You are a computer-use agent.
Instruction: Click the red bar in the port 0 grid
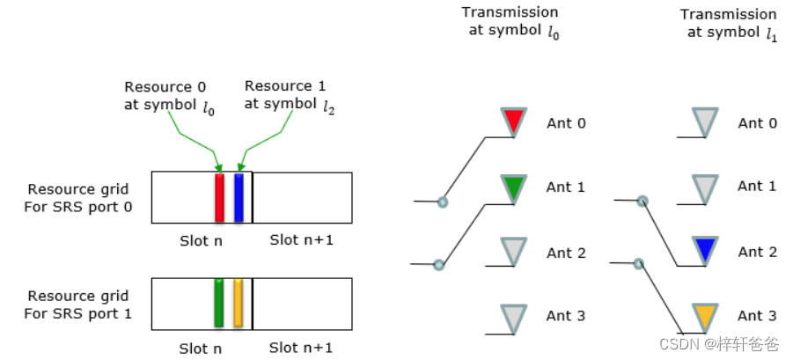(x=220, y=197)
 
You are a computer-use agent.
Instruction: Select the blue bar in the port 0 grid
(x=239, y=197)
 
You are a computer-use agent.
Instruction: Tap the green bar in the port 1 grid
(x=219, y=304)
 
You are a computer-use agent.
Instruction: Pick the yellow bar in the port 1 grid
(x=238, y=304)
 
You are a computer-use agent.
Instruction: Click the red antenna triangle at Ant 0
(x=513, y=121)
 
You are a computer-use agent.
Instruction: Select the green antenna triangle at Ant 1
(x=513, y=187)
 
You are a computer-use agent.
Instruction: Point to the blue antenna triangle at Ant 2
(x=705, y=250)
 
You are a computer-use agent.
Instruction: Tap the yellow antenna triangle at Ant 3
(x=705, y=315)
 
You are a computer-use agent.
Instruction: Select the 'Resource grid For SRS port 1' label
(x=77, y=304)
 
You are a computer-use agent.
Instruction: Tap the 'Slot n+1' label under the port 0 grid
(x=301, y=240)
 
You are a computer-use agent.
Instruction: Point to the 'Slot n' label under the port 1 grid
(x=201, y=349)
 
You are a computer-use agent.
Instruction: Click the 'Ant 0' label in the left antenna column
(x=566, y=122)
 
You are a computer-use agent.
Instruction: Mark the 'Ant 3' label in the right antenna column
(x=757, y=315)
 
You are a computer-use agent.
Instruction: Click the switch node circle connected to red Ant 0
(x=443, y=202)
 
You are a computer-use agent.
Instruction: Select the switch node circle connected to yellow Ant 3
(x=639, y=262)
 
